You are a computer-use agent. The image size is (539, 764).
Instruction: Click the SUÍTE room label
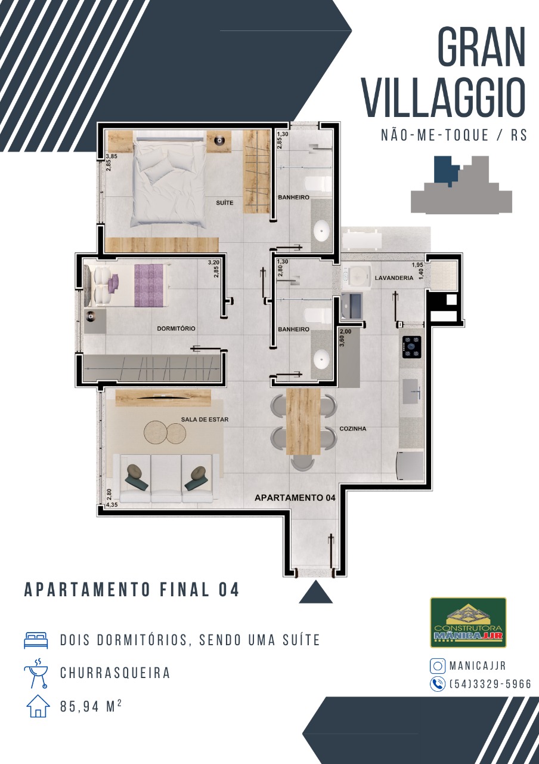click(x=225, y=203)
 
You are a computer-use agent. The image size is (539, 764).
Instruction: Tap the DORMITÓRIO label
click(x=176, y=329)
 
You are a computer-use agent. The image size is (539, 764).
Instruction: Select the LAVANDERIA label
click(x=394, y=278)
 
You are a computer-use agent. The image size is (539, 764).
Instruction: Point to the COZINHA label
click(x=353, y=429)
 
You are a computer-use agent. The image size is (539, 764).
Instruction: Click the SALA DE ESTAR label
click(x=205, y=420)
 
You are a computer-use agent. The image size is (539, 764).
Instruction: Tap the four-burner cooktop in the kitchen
click(x=412, y=347)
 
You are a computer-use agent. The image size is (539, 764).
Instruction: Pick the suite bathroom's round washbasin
click(x=321, y=230)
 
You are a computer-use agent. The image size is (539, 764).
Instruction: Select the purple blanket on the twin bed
click(x=149, y=285)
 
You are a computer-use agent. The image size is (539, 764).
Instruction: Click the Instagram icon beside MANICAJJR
click(x=438, y=666)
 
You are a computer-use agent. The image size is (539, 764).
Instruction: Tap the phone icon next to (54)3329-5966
click(x=438, y=684)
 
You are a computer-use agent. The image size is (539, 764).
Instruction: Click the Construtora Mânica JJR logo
click(x=468, y=623)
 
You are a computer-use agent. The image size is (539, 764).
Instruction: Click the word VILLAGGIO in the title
click(x=443, y=98)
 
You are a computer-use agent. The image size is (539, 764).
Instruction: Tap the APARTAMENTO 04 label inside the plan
click(x=295, y=498)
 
